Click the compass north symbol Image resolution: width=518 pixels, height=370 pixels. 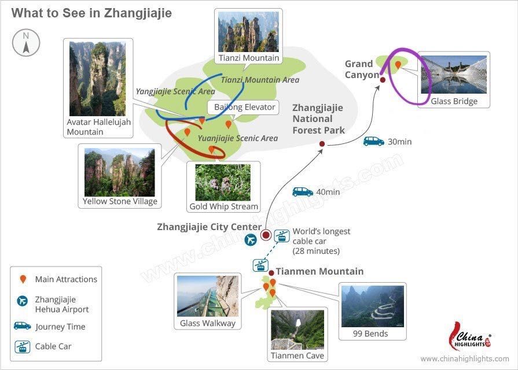pyautogui.click(x=26, y=43)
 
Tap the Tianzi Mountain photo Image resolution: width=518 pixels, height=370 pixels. pyautogui.click(x=248, y=32)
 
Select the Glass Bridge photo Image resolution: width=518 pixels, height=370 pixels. pyautogui.click(x=454, y=75)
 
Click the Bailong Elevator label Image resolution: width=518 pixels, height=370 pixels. pyautogui.click(x=244, y=107)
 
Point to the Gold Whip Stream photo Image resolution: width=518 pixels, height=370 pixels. pyautogui.click(x=223, y=183)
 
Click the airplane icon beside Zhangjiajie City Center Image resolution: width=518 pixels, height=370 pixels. pyautogui.click(x=251, y=239)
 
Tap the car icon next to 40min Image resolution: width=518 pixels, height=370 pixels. pyautogui.click(x=303, y=192)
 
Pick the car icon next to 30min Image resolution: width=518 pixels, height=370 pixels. pyautogui.click(x=374, y=141)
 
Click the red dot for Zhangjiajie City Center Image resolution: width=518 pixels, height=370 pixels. pyautogui.click(x=266, y=235)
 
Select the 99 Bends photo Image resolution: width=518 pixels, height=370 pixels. pyautogui.click(x=372, y=306)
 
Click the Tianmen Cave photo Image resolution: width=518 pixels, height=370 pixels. pyautogui.click(x=297, y=330)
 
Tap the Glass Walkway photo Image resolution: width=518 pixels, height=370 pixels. pyautogui.click(x=207, y=296)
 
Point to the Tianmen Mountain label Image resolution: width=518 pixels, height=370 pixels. pyautogui.click(x=319, y=271)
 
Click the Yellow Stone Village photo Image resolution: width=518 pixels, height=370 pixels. pyautogui.click(x=120, y=172)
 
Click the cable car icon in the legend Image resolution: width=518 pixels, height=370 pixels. pyautogui.click(x=23, y=346)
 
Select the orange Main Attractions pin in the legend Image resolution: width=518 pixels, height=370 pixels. pyautogui.click(x=23, y=279)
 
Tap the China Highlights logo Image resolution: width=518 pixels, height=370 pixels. pyautogui.click(x=470, y=337)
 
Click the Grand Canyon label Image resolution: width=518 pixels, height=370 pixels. pyautogui.click(x=362, y=69)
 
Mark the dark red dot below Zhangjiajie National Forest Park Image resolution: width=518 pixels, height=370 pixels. pyautogui.click(x=322, y=144)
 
